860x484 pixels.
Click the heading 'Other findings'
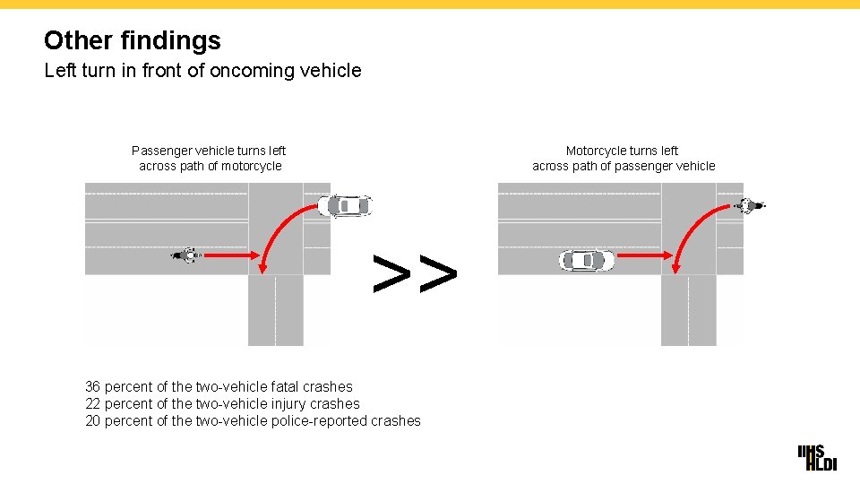pos(132,40)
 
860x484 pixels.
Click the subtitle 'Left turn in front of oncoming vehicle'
pos(202,70)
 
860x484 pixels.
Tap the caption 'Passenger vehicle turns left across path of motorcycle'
pos(209,159)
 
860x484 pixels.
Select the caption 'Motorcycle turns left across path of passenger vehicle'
pos(623,159)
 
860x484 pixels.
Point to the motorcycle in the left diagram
pos(186,255)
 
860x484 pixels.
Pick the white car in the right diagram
pos(587,261)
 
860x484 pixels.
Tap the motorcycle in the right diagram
pos(749,206)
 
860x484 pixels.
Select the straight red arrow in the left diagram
pos(228,255)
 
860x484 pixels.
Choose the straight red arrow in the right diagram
pos(643,255)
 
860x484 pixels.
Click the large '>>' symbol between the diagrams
pos(415,273)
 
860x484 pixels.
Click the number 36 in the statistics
pos(92,387)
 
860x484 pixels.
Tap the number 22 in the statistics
pos(92,404)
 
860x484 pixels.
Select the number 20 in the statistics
pos(92,421)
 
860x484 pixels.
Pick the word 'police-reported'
pos(316,421)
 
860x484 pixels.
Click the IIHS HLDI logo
pos(817,457)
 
